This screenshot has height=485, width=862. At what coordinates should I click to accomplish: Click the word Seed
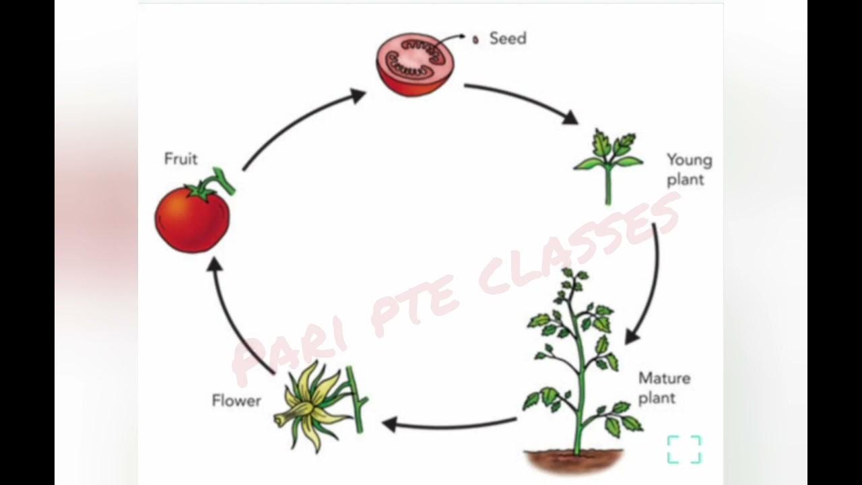coord(508,38)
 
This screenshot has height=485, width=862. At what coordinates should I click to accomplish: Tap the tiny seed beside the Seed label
coord(475,40)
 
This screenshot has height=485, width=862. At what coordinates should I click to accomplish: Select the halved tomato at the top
coord(415,66)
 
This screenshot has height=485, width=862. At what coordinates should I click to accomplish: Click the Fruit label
coord(181,159)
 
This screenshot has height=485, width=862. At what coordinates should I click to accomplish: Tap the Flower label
coord(236,401)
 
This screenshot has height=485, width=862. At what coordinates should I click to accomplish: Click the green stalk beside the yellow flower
coord(356,401)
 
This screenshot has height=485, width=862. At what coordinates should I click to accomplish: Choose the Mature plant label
coord(664,388)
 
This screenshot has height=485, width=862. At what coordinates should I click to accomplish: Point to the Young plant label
coord(688,170)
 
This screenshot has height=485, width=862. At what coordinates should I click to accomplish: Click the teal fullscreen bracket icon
coord(684,449)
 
